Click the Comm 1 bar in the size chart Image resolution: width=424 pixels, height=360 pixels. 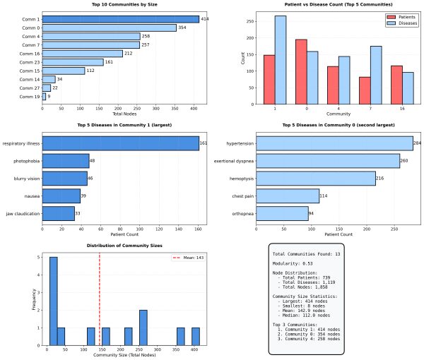point(120,19)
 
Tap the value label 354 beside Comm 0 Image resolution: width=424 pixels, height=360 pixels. point(182,28)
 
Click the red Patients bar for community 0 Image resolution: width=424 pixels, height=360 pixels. point(301,72)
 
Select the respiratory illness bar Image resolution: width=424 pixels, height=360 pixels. point(120,144)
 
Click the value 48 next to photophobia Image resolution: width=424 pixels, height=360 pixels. point(93,161)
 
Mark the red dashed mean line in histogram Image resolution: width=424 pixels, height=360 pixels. point(100,296)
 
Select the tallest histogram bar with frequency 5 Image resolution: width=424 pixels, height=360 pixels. point(53,301)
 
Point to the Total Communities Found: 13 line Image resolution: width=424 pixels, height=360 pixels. point(305,253)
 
